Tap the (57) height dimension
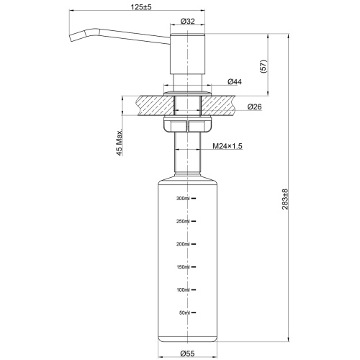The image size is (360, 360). tap(264, 66)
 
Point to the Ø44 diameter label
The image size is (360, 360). tap(234, 82)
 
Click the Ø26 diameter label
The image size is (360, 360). tap(253, 107)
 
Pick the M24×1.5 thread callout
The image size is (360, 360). tap(228, 146)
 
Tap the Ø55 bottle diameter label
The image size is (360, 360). tap(187, 353)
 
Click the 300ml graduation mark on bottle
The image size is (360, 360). tap(183, 198)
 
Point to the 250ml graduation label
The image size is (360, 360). tap(183, 221)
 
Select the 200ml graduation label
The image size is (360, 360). tap(183, 244)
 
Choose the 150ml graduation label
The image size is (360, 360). tap(183, 267)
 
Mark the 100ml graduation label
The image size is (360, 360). tap(183, 290)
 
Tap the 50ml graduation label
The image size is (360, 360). tap(184, 313)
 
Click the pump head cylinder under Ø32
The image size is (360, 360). tap(187, 54)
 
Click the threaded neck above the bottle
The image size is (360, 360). tap(187, 155)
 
